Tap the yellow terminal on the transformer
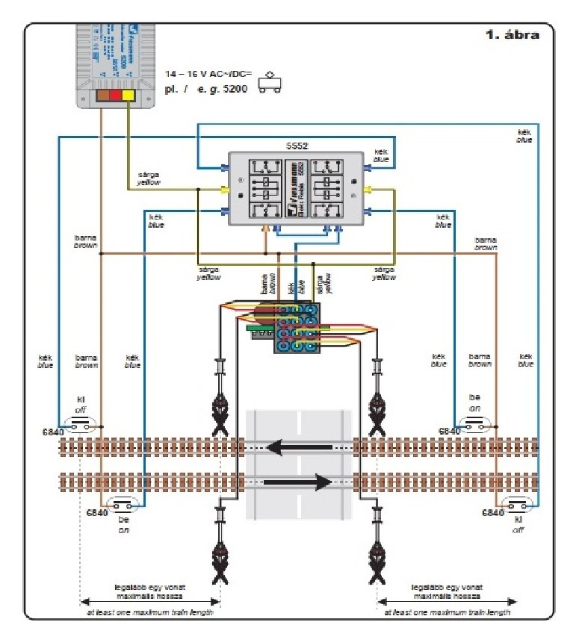[129, 96]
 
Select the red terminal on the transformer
[114, 96]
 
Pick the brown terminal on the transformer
[100, 96]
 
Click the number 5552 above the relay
[298, 146]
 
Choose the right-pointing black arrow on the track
[297, 482]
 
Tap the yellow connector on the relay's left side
[223, 189]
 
